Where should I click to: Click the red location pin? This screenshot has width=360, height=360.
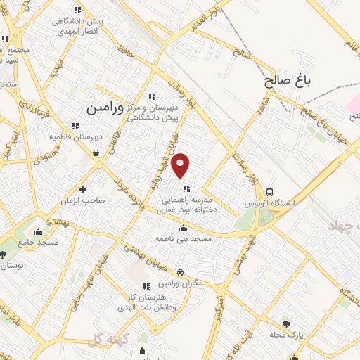[x=181, y=164]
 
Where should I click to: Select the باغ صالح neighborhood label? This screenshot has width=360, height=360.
[x=288, y=81]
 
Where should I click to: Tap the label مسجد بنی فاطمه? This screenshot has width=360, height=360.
[x=183, y=239]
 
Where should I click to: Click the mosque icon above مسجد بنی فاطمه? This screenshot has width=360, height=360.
[x=183, y=228]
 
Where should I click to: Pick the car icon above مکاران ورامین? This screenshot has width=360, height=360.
[x=181, y=271]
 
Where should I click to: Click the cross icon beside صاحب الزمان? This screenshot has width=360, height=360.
[x=83, y=188]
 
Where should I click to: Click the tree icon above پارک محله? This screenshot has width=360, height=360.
[x=285, y=323]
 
